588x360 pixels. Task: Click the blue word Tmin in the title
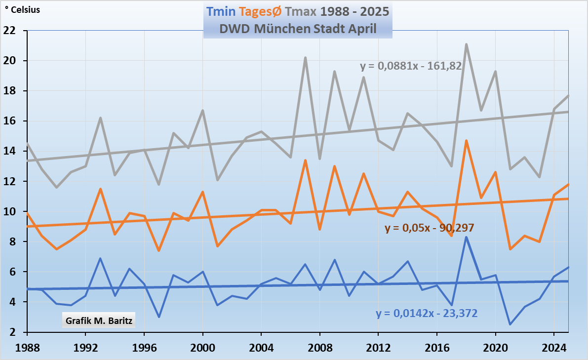pos(221,11)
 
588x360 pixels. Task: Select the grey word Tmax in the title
pos(302,11)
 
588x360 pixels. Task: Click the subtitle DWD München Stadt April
pos(298,29)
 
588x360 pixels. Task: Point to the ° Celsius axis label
pos(22,9)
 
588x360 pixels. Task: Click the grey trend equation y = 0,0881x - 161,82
pos(411,66)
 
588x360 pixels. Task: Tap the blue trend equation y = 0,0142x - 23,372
pos(427,313)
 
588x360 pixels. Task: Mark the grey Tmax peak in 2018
pos(466,44)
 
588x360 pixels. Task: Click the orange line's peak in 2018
pos(466,141)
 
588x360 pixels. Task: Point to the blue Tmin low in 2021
pos(510,324)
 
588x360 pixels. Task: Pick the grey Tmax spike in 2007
pos(305,58)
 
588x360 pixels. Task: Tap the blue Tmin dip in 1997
pos(159,317)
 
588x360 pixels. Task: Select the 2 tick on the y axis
pos(20,332)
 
